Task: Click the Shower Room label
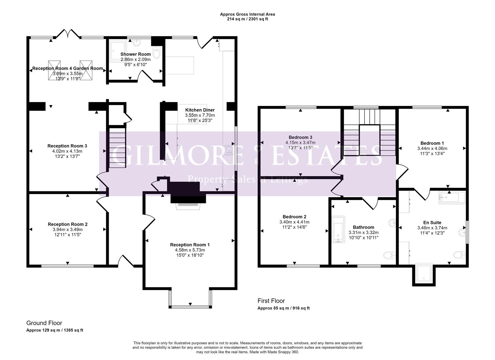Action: tap(135, 54)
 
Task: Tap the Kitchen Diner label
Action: tap(200, 110)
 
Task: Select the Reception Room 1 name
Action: tap(190, 245)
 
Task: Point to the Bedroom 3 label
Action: tap(300, 137)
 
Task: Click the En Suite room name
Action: tap(432, 223)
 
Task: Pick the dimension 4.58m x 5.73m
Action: tap(190, 250)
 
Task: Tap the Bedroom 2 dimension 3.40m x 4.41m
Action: tap(294, 222)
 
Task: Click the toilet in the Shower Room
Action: tap(156, 52)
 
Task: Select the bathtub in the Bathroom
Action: tap(338, 229)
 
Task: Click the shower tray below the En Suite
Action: tap(424, 273)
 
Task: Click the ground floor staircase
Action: tap(117, 147)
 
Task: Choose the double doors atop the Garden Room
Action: tap(68, 34)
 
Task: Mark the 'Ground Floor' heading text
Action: tap(44, 323)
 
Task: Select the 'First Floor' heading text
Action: tap(271, 301)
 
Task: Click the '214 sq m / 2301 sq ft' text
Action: tap(247, 19)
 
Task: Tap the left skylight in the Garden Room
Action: tap(55, 70)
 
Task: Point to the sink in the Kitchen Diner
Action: tap(228, 149)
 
